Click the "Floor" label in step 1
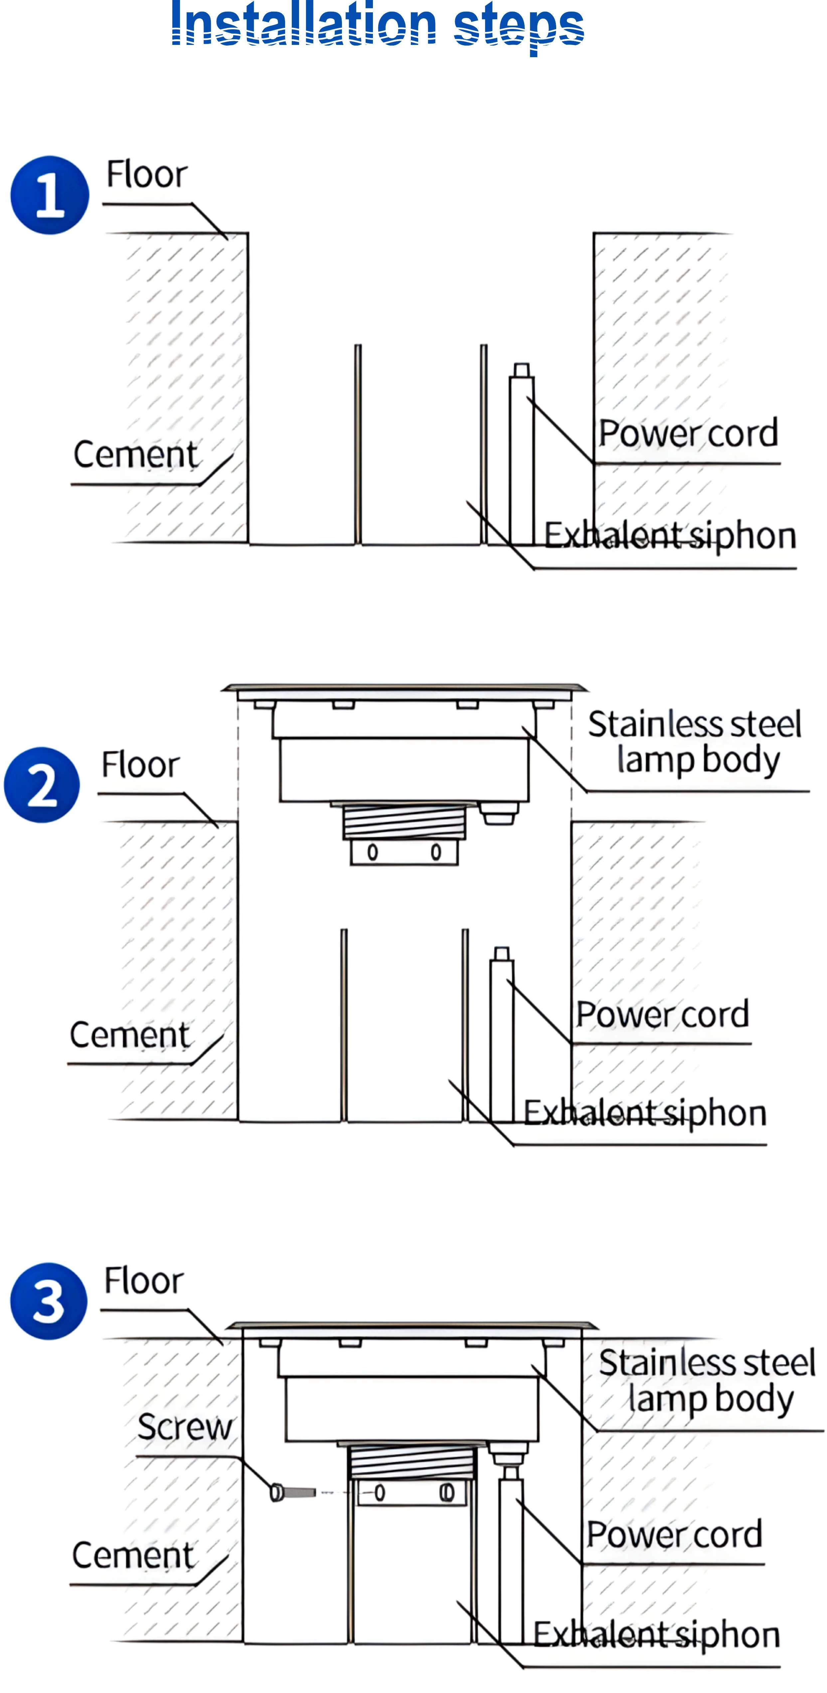click(147, 175)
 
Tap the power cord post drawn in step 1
click(521, 454)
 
